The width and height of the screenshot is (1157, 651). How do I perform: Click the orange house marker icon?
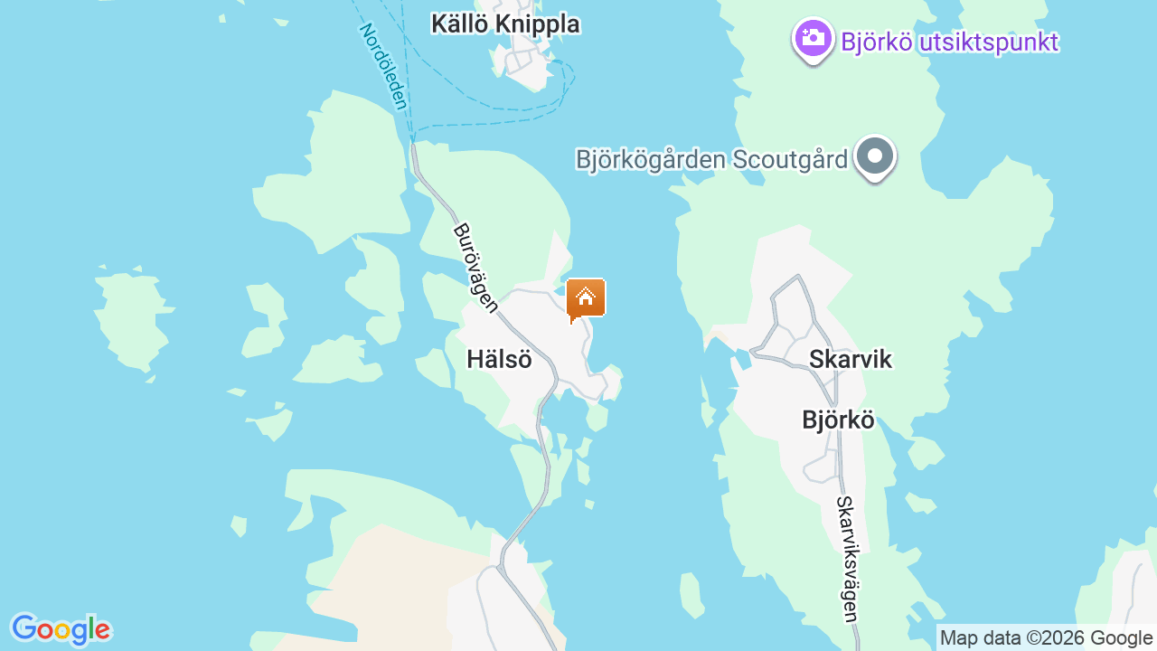(586, 297)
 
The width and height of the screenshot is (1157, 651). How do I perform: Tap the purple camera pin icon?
(813, 38)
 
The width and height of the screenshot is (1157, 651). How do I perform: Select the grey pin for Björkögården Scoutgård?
(874, 156)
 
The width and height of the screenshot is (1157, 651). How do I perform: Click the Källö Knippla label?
(505, 24)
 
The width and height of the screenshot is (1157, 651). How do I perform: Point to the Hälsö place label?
(499, 359)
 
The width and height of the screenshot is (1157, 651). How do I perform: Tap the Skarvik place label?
(850, 359)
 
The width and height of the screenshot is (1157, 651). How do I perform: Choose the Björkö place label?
(838, 420)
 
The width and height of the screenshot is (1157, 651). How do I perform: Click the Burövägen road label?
(475, 268)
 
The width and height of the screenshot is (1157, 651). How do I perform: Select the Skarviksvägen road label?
(846, 559)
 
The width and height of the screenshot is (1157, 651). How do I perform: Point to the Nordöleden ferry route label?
(383, 66)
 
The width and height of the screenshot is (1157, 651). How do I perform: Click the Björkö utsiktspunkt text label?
(949, 42)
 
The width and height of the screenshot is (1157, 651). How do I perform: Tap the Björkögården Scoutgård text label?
(711, 160)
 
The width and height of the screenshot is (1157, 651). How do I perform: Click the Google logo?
(61, 629)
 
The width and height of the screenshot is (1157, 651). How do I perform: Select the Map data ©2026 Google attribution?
(1046, 637)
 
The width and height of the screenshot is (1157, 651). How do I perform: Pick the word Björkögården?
(651, 160)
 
